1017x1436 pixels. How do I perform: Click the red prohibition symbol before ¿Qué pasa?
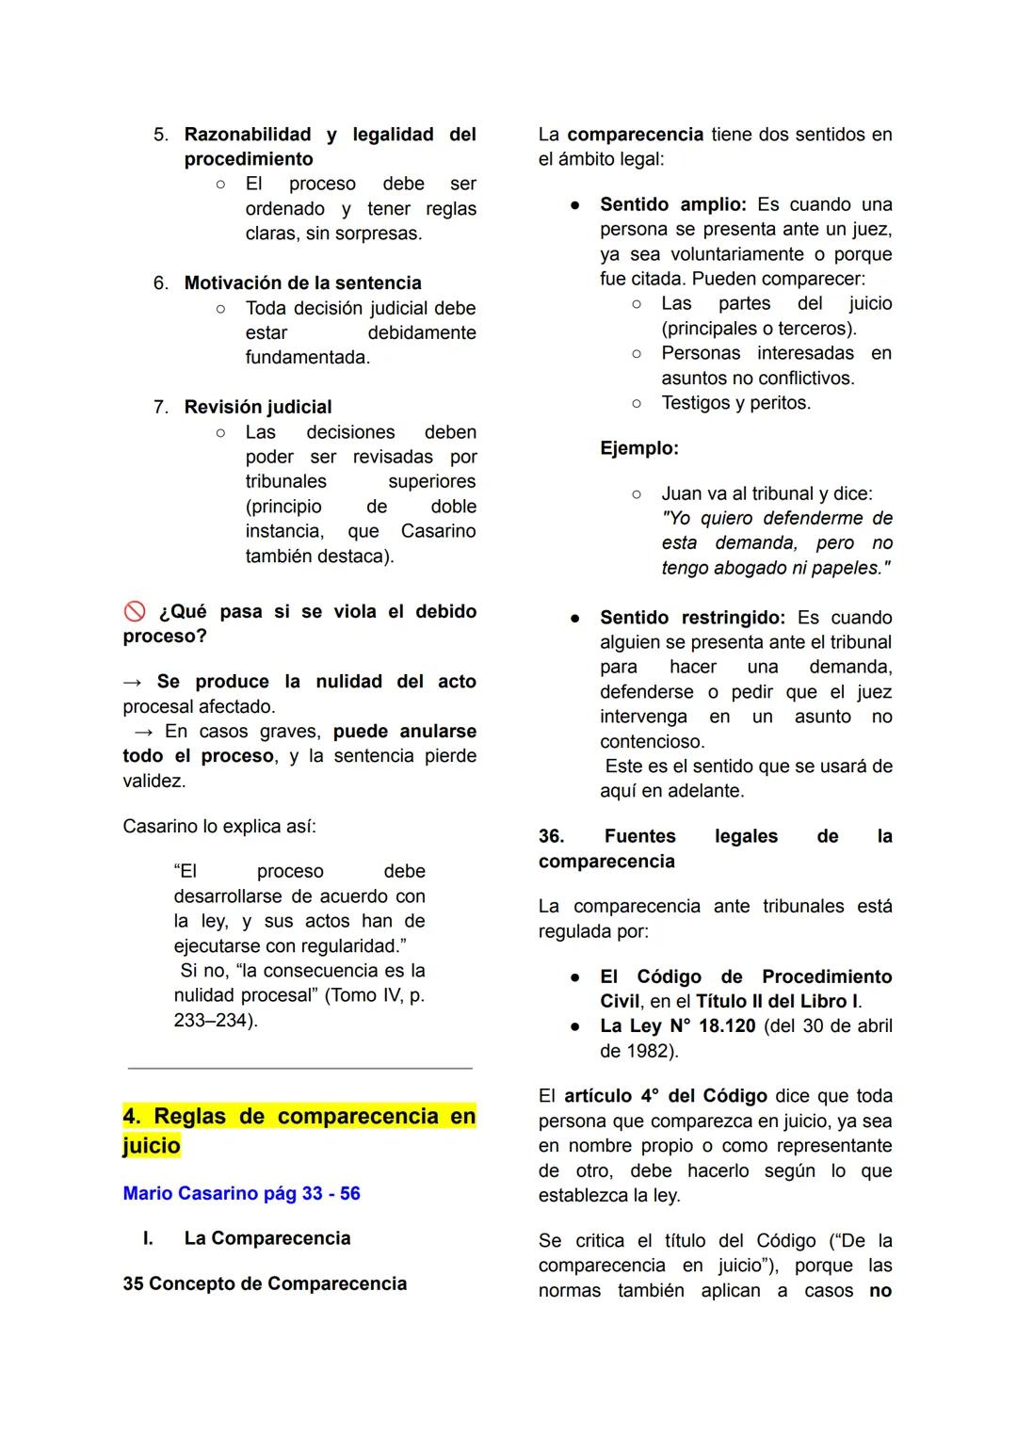pyautogui.click(x=135, y=612)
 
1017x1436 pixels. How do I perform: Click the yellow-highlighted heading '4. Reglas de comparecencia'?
pyautogui.click(x=299, y=1130)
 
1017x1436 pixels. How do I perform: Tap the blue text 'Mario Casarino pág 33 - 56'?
pyautogui.click(x=241, y=1193)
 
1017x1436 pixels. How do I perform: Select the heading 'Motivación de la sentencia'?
pyautogui.click(x=302, y=282)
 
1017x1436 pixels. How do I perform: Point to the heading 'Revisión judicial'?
pyautogui.click(x=257, y=407)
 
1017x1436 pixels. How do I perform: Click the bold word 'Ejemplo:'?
pyautogui.click(x=638, y=448)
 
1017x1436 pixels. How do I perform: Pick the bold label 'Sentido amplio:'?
pyautogui.click(x=672, y=204)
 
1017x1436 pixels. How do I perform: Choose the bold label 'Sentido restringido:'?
pyautogui.click(x=692, y=618)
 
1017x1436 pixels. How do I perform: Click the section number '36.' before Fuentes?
pyautogui.click(x=552, y=836)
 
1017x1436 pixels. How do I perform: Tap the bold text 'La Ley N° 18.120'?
pyautogui.click(x=677, y=1025)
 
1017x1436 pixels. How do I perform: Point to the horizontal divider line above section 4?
pyautogui.click(x=299, y=1069)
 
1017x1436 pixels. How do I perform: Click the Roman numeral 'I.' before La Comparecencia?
pyautogui.click(x=148, y=1238)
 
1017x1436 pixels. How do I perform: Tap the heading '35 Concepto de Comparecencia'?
pyautogui.click(x=265, y=1283)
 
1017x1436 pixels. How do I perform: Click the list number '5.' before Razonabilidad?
pyautogui.click(x=161, y=135)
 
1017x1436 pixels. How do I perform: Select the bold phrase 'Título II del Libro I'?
pyautogui.click(x=777, y=1001)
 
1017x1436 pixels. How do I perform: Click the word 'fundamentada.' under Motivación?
pyautogui.click(x=308, y=357)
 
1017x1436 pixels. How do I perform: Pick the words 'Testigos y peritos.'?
pyautogui.click(x=735, y=402)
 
